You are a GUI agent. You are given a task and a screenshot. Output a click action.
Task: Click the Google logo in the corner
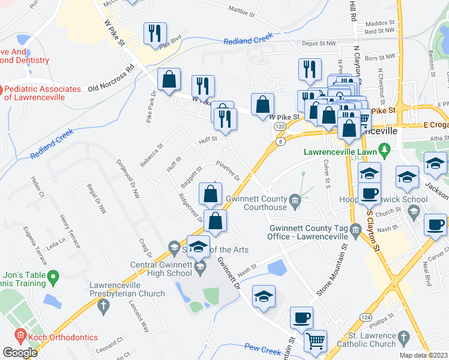tap(19, 353)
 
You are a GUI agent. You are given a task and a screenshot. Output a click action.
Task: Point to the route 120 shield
tap(280, 127)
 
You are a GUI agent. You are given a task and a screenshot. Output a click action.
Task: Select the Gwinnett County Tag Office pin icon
tap(355, 228)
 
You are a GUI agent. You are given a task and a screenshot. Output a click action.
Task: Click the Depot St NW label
tap(318, 44)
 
